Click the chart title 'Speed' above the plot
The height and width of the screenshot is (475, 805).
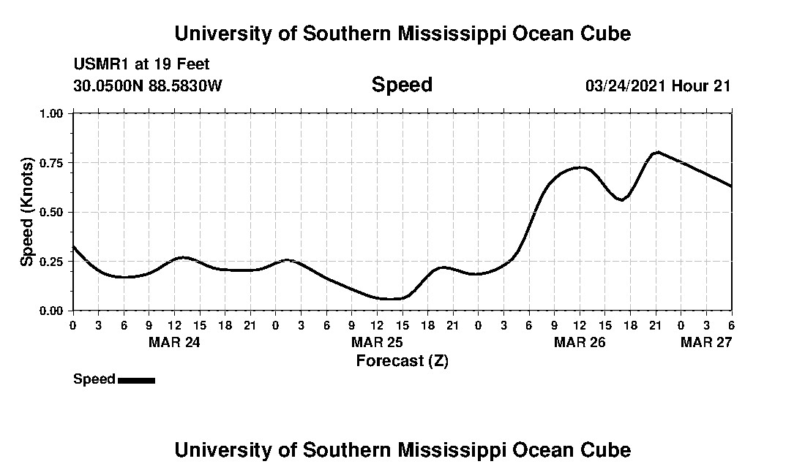(x=402, y=85)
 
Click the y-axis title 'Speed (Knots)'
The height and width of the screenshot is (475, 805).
(x=27, y=211)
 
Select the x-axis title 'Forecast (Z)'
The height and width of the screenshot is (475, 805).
(x=402, y=360)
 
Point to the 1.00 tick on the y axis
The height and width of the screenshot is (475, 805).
(x=52, y=113)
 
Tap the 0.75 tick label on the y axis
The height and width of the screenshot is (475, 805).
(x=52, y=163)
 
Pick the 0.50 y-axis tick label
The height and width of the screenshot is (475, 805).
(x=52, y=212)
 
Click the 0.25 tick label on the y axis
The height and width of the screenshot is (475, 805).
(x=52, y=262)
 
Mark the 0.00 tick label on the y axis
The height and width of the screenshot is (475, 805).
(x=52, y=311)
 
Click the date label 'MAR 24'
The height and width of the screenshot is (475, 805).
(x=173, y=342)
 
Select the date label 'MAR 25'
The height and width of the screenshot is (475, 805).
(x=376, y=342)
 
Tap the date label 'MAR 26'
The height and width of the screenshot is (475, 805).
(x=579, y=342)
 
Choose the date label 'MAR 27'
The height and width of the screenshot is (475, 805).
(x=705, y=342)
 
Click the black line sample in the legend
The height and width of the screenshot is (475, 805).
(x=136, y=380)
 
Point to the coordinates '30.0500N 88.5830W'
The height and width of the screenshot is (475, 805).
(x=148, y=85)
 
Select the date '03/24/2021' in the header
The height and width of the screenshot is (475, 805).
(x=626, y=85)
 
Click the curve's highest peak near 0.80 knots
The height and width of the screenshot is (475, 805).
(x=658, y=152)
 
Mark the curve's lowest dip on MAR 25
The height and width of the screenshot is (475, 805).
(x=389, y=299)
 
